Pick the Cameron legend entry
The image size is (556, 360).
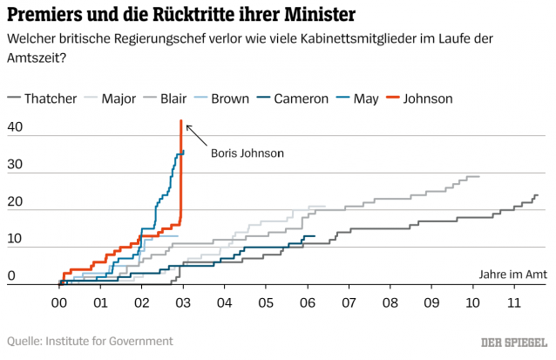tap(300, 98)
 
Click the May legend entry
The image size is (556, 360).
tap(365, 98)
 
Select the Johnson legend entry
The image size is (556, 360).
tap(424, 98)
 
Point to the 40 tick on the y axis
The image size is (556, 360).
tap(16, 128)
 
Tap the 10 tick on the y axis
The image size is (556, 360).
tap(16, 240)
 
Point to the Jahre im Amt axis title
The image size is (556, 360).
tap(512, 274)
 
